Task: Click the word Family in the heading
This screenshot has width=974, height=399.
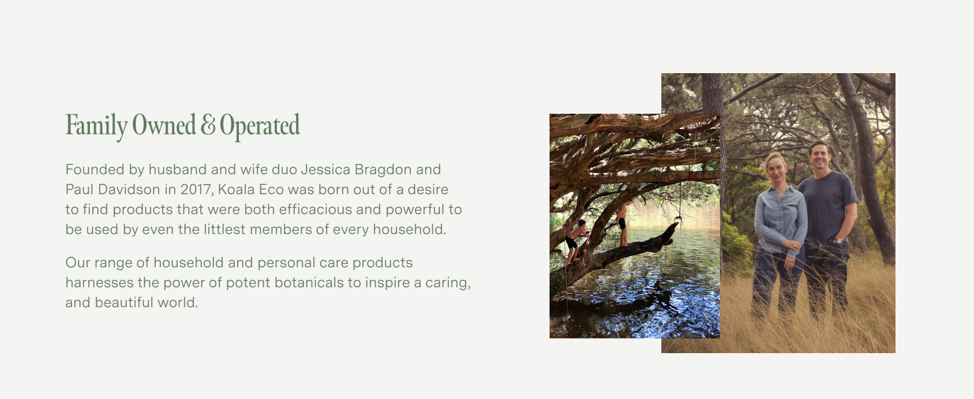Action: [96, 126]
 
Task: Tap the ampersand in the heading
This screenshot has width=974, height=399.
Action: [208, 124]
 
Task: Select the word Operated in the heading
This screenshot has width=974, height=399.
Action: [259, 126]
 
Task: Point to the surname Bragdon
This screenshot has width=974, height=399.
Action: [383, 170]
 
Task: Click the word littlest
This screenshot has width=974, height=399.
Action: [225, 229]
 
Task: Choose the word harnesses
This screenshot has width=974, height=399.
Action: [100, 283]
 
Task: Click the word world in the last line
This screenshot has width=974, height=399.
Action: [178, 303]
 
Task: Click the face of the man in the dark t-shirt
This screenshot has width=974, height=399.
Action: [819, 157]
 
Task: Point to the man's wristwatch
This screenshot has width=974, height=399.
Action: [838, 241]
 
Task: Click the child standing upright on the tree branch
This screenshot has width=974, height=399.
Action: [623, 224]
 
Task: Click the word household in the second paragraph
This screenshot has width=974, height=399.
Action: [190, 263]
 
